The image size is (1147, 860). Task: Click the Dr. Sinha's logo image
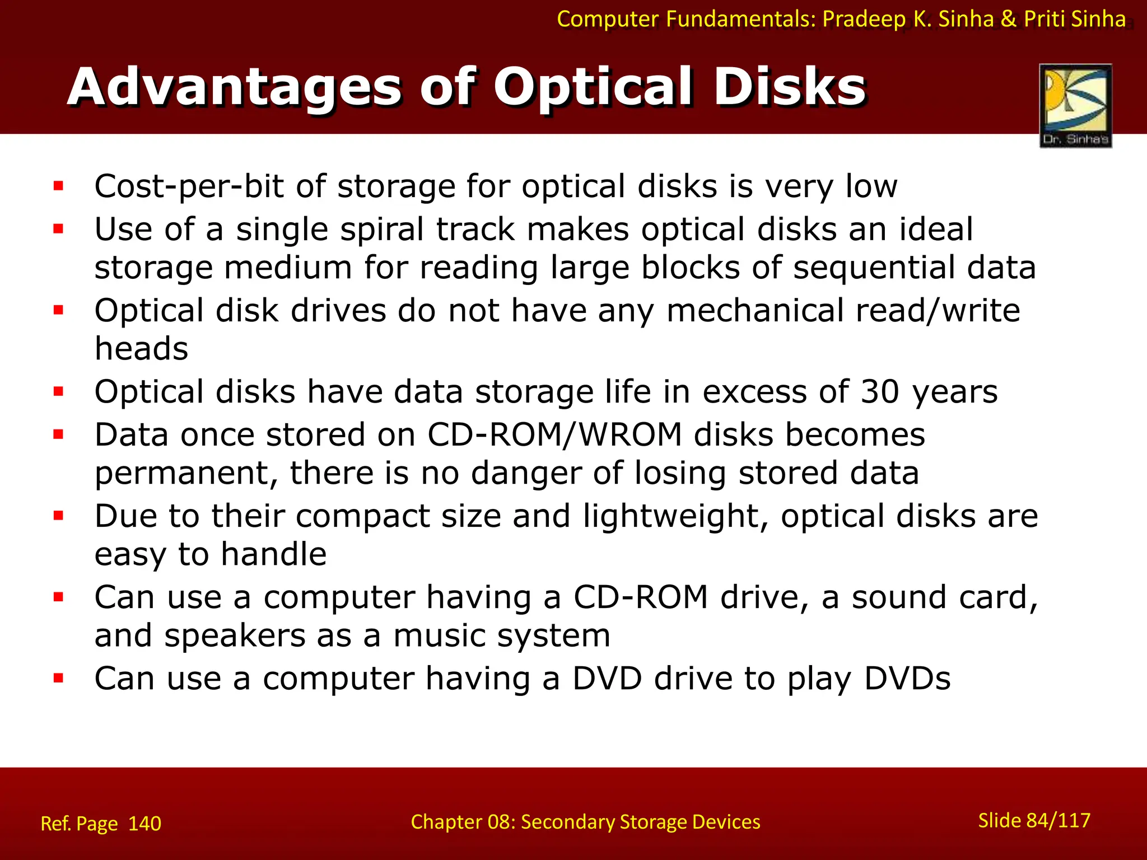point(1075,105)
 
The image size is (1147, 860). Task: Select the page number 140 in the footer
point(144,824)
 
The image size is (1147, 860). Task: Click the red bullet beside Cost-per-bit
point(58,186)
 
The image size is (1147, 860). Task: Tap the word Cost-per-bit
point(189,186)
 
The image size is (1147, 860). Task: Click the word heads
point(141,349)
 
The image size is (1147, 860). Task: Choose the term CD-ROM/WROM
point(554,434)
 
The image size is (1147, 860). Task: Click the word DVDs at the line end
point(907,679)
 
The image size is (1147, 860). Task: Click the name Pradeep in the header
point(864,20)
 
